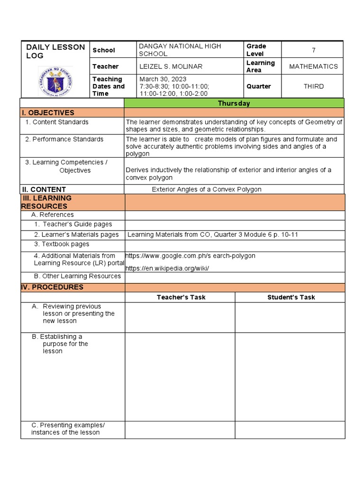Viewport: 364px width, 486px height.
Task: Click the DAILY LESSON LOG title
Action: point(55,51)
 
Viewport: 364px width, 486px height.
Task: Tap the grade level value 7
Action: point(313,50)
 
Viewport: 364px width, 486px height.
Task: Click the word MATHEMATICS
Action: point(313,66)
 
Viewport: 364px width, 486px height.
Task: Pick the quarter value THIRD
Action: point(313,86)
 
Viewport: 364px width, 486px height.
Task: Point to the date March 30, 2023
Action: point(163,79)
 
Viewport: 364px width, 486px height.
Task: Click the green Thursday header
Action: point(234,103)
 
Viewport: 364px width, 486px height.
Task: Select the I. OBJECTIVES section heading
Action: point(47,113)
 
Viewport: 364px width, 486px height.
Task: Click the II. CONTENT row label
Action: point(43,189)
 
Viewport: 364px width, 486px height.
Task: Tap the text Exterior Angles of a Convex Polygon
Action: point(206,189)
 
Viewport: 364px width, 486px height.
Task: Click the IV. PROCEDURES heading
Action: point(52,287)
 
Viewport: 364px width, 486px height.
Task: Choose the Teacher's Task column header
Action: point(181,298)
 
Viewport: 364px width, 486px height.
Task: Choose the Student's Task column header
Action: point(291,298)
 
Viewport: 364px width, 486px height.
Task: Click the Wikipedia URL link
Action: point(167,269)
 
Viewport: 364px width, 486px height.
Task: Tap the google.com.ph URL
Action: point(190,256)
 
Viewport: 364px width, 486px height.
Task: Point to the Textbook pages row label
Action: point(62,244)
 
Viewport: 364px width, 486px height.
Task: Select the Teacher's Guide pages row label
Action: point(73,224)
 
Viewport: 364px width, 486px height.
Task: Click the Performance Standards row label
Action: point(64,139)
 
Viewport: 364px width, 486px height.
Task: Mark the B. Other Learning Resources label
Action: point(77,276)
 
